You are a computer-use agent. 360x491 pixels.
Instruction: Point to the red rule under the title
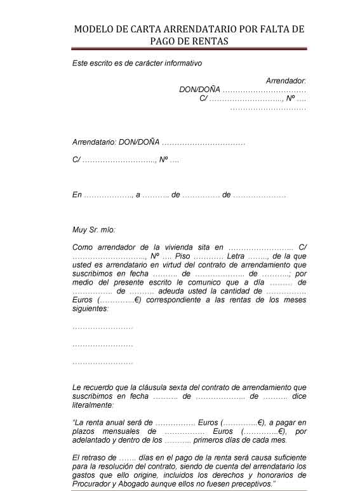tap(189, 49)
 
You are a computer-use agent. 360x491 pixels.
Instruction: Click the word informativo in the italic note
tap(180, 64)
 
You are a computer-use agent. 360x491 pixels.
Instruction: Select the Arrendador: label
tap(286, 81)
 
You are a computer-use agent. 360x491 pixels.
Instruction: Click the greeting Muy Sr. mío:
tap(95, 230)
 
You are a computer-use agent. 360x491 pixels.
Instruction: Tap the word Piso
tap(183, 256)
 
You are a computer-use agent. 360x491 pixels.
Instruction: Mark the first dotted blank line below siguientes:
tap(103, 327)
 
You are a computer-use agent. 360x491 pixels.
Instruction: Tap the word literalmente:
tap(94, 405)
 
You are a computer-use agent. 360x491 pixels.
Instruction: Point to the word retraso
tap(93, 457)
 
